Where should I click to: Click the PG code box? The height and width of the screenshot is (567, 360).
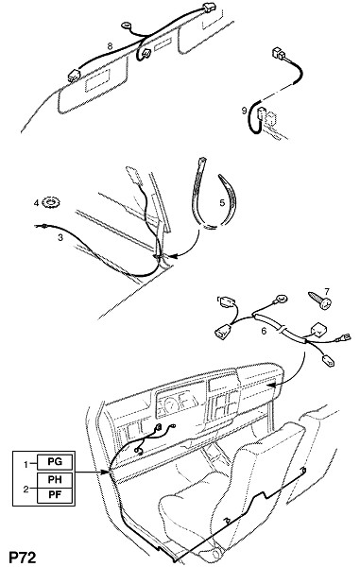55,462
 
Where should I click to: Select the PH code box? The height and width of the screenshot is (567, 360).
55,479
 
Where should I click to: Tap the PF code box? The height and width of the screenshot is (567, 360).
55,494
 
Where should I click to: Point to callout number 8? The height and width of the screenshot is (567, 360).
110,46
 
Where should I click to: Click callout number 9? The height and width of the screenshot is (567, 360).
244,111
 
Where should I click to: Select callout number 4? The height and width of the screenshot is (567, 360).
36,203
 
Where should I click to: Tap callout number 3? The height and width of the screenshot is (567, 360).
60,237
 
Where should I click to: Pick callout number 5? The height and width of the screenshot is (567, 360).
222,202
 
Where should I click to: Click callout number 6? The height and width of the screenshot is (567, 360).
264,331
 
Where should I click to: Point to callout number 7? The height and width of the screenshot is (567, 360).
327,291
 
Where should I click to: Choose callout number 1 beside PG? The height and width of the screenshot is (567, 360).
26,464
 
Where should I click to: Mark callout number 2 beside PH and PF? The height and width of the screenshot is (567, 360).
26,490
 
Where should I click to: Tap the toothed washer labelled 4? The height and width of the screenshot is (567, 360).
51,202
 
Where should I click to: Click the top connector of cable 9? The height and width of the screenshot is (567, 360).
279,53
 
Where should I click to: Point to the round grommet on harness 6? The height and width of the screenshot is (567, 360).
281,299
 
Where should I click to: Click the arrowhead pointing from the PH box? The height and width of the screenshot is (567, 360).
106,472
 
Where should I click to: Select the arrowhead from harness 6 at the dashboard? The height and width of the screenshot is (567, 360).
270,386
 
